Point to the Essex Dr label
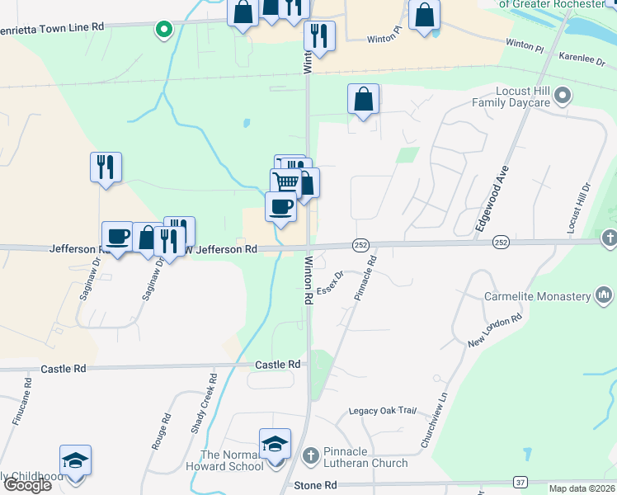click(330, 286)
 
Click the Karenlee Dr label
click(582, 59)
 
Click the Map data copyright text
click(582, 488)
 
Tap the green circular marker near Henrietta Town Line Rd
click(164, 31)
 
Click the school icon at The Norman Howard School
click(276, 445)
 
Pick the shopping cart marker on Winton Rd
click(285, 181)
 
